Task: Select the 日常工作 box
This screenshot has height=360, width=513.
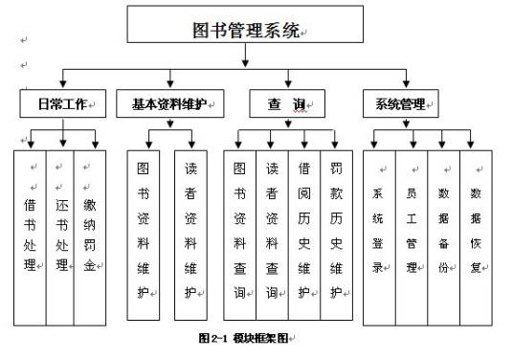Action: pyautogui.click(x=63, y=101)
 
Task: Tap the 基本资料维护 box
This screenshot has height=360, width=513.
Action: pyautogui.click(x=170, y=101)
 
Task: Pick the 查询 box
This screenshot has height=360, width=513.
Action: pyautogui.click(x=286, y=101)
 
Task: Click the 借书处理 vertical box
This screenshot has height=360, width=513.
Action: pyautogui.click(x=31, y=234)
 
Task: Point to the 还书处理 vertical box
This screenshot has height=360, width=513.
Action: pyautogui.click(x=60, y=234)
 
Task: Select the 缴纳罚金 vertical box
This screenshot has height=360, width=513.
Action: pyautogui.click(x=89, y=234)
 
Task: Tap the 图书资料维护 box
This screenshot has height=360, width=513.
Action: pyautogui.click(x=144, y=234)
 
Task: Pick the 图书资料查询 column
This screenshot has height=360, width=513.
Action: pyautogui.click(x=240, y=234)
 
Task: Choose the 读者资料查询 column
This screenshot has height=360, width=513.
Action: pyautogui.click(x=272, y=234)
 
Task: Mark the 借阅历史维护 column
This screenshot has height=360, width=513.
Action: pyautogui.click(x=303, y=234)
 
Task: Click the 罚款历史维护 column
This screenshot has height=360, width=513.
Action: pyautogui.click(x=335, y=234)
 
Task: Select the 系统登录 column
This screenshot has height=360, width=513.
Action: pyautogui.click(x=379, y=234)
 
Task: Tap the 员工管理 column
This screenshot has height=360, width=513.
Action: pyautogui.click(x=412, y=234)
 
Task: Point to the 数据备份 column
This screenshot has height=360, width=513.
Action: pyautogui.click(x=443, y=234)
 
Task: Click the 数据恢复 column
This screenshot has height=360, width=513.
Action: pyautogui.click(x=476, y=234)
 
